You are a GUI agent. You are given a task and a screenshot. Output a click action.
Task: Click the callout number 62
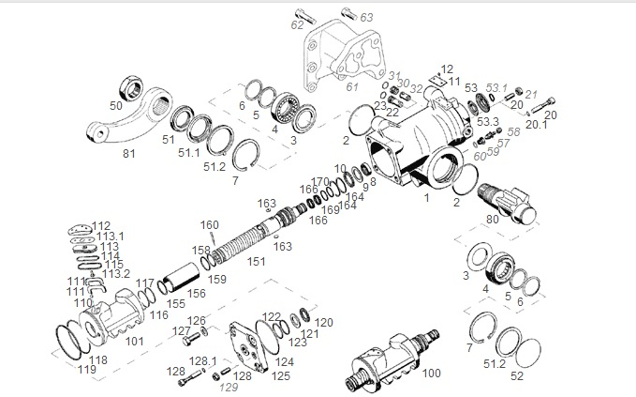(297, 25)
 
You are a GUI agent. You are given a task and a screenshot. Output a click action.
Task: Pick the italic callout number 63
(366, 18)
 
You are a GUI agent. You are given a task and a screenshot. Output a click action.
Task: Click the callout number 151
(256, 262)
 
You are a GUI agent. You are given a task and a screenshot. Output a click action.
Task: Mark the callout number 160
(210, 224)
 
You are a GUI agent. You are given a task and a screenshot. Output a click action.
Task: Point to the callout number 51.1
(188, 153)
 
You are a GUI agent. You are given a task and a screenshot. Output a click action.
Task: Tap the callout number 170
(321, 181)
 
